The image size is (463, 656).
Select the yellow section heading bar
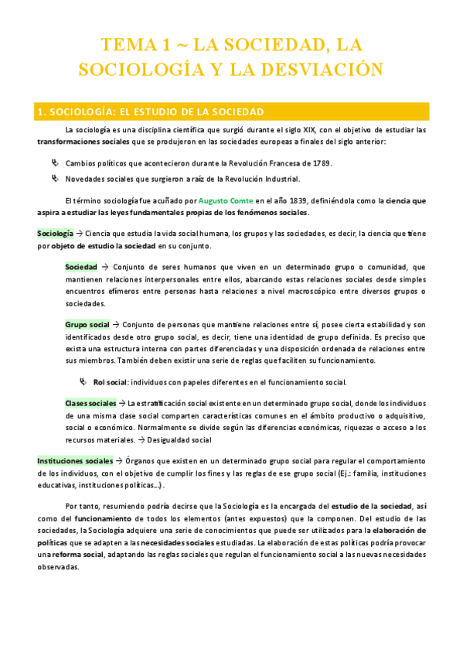[231, 111]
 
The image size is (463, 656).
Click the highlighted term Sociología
[55, 233]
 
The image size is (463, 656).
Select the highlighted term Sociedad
[81, 266]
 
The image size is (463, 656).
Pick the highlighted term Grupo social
[87, 325]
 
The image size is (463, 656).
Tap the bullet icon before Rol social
[83, 382]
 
